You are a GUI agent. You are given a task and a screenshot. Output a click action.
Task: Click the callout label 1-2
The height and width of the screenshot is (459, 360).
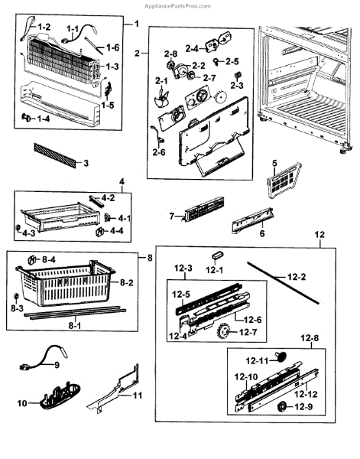pyautogui.click(x=44, y=28)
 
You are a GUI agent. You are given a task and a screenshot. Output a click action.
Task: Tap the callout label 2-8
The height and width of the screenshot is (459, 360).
pyautogui.click(x=170, y=54)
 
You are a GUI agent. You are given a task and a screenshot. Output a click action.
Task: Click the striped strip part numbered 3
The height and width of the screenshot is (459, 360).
pyautogui.click(x=54, y=155)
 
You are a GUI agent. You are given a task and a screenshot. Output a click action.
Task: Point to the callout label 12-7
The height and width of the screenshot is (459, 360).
pyautogui.click(x=248, y=333)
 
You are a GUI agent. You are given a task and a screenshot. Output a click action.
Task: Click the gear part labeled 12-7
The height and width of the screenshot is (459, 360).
pyautogui.click(x=224, y=332)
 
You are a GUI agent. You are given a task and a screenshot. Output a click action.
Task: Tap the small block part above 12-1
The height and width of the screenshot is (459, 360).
pyautogui.click(x=217, y=255)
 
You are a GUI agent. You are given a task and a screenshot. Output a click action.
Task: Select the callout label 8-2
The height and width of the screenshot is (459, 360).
pyautogui.click(x=127, y=282)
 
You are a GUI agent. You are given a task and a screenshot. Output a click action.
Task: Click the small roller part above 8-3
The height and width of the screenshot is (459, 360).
pyautogui.click(x=16, y=297)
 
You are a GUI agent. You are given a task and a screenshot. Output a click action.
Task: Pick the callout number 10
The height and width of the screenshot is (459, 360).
pyautogui.click(x=22, y=403)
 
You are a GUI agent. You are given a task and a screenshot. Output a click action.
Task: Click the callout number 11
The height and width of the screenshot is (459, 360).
pyautogui.click(x=138, y=396)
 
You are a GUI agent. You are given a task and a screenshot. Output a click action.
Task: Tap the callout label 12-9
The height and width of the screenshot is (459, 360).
pyautogui.click(x=304, y=407)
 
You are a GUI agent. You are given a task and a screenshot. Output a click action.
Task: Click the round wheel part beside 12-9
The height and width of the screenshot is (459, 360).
pyautogui.click(x=282, y=407)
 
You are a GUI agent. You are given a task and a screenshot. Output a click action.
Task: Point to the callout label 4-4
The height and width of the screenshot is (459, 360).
pyautogui.click(x=117, y=231)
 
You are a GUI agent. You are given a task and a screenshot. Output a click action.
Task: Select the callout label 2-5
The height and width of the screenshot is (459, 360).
pyautogui.click(x=232, y=61)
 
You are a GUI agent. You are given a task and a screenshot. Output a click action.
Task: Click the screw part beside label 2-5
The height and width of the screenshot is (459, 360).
pyautogui.click(x=216, y=61)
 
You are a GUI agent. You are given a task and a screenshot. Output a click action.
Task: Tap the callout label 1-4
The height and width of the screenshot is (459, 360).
pyautogui.click(x=44, y=119)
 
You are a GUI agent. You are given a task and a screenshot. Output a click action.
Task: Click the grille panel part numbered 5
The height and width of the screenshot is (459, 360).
pyautogui.click(x=284, y=181)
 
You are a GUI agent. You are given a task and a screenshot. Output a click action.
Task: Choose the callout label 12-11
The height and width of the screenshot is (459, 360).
pyautogui.click(x=257, y=361)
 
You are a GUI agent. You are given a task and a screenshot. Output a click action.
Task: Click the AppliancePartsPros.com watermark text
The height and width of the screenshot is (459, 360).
pyautogui.click(x=177, y=6)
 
